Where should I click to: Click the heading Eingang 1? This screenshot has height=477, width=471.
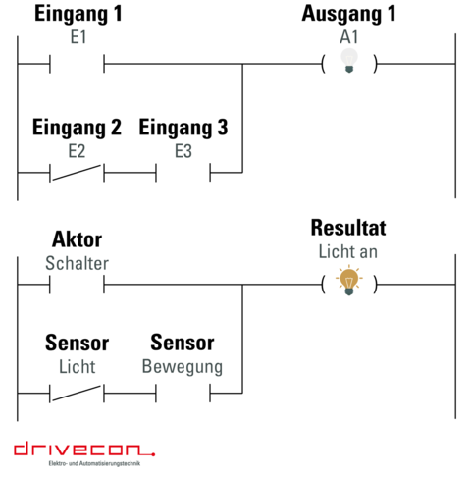78,15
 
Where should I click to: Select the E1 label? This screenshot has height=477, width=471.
78,37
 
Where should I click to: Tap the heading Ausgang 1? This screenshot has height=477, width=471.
348,15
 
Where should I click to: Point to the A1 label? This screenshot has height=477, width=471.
349,37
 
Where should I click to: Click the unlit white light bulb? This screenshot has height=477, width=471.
349,60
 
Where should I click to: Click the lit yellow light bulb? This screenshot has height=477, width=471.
349,281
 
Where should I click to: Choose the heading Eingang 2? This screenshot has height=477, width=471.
77,128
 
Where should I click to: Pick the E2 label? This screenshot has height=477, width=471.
77,151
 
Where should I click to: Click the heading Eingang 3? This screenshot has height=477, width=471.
183,128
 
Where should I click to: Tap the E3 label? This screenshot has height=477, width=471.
183,151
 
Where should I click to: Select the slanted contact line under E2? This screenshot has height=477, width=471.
77,173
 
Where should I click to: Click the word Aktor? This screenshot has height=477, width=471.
77,239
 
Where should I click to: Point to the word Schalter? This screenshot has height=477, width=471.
77,263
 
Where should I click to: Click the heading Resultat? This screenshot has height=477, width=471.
348,228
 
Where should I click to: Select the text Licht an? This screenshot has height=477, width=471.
348,251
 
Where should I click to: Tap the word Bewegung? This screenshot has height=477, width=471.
183,367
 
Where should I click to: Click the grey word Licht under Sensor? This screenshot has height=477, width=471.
78,366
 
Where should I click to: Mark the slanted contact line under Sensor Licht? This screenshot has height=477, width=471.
77,394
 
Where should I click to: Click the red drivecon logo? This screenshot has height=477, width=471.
84,449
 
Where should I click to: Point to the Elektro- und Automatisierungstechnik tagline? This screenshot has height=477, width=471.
94,463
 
